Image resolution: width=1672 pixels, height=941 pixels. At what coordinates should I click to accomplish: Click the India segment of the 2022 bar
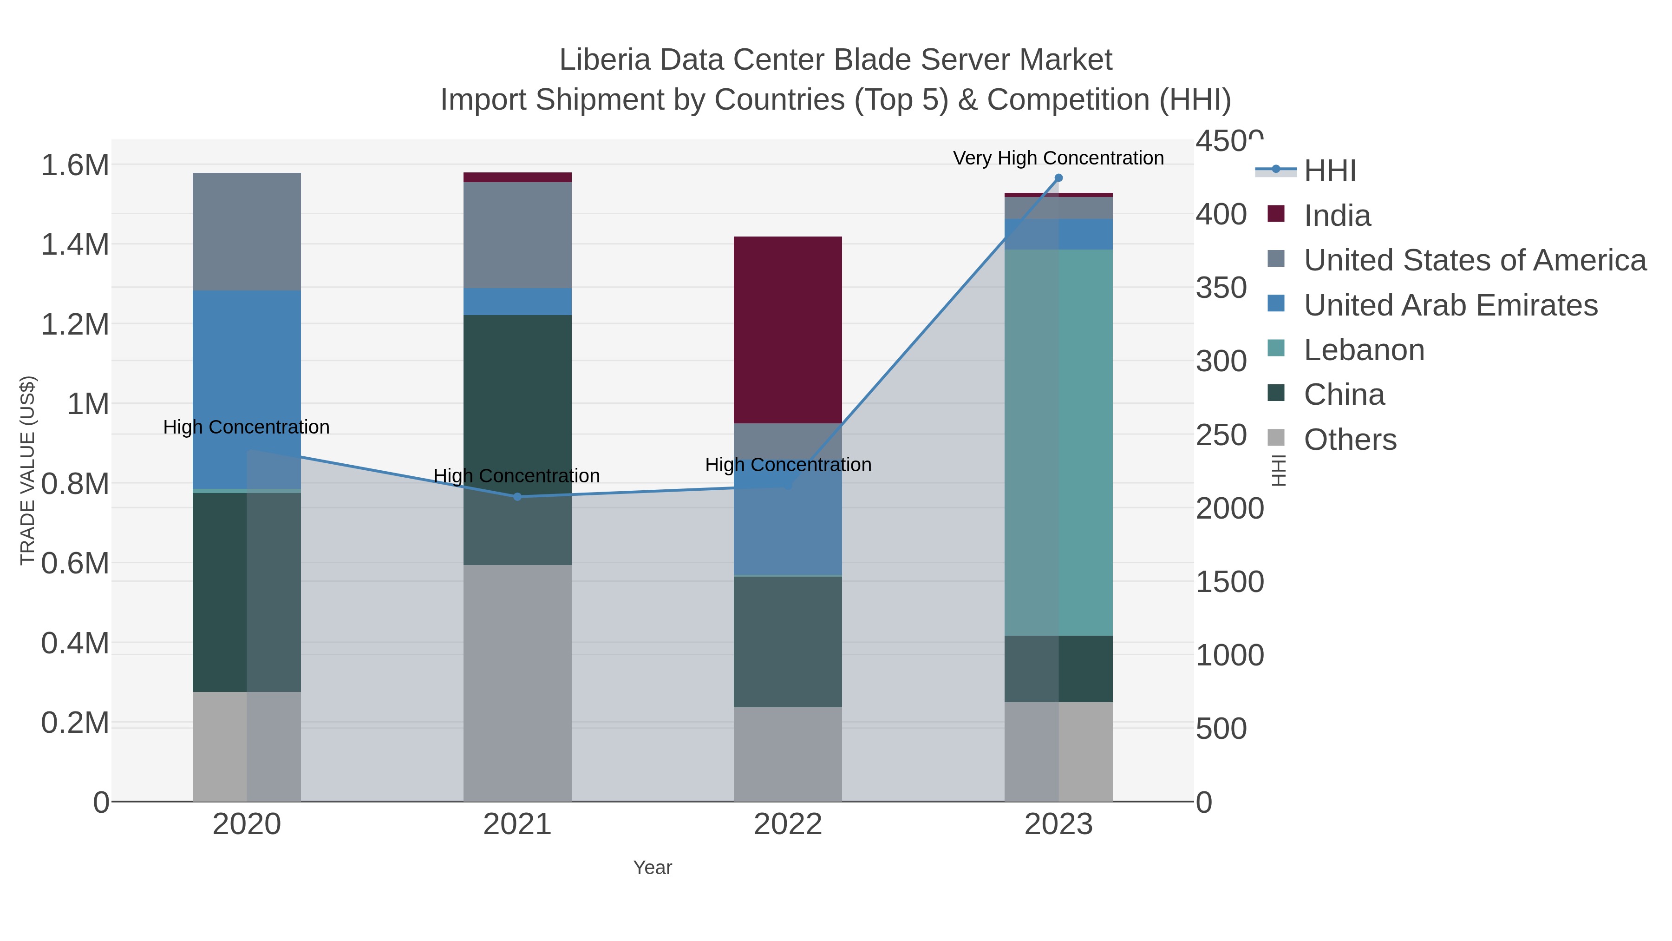pyautogui.click(x=787, y=330)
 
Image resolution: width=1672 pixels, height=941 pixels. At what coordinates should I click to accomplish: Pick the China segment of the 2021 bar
pyautogui.click(x=517, y=440)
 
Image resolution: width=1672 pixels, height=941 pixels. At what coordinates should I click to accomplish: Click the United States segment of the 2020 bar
pyautogui.click(x=247, y=231)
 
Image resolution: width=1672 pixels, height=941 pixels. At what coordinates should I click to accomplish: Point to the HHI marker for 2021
pyautogui.click(x=517, y=497)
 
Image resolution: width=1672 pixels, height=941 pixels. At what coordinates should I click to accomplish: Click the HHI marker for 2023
pyautogui.click(x=1058, y=178)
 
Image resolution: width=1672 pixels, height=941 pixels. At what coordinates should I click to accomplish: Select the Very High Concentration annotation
pyautogui.click(x=1058, y=158)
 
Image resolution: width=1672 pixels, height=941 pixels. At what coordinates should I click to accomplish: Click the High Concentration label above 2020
pyautogui.click(x=246, y=428)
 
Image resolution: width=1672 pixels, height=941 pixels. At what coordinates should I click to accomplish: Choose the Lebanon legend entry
pyautogui.click(x=1364, y=350)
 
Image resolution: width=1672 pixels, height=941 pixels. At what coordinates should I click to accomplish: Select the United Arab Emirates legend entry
pyautogui.click(x=1450, y=305)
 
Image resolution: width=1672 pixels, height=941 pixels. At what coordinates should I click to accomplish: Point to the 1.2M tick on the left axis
pyautogui.click(x=75, y=324)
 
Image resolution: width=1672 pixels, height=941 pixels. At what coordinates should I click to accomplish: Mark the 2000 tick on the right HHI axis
pyautogui.click(x=1229, y=508)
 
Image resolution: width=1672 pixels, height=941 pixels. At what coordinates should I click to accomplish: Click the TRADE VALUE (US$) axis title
pyautogui.click(x=27, y=470)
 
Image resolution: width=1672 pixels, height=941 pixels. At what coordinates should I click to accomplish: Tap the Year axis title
pyautogui.click(x=653, y=868)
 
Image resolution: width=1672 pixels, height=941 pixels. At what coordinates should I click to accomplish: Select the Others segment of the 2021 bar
pyautogui.click(x=517, y=683)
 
